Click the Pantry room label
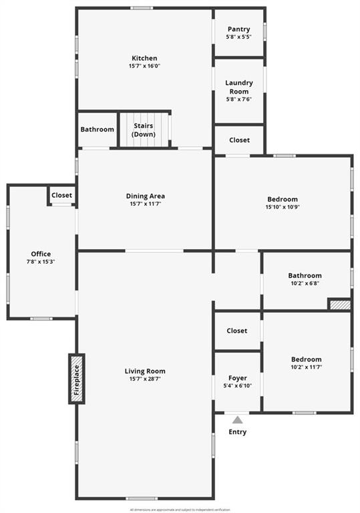(238, 29)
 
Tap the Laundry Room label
(238, 87)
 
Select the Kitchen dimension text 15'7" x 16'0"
(144, 66)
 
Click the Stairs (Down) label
(144, 130)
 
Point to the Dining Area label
(145, 196)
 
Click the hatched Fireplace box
(77, 379)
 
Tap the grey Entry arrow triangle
(238, 419)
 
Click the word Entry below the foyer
(237, 432)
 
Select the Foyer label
(237, 378)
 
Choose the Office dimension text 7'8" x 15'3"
(41, 262)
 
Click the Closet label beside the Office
(61, 195)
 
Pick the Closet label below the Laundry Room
(239, 140)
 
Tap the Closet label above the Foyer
(236, 331)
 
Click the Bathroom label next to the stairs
(97, 129)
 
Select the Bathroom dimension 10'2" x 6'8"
(305, 283)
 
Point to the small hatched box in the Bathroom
(339, 305)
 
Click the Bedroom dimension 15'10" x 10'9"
(283, 207)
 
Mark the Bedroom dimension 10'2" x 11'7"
(306, 367)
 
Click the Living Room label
(145, 371)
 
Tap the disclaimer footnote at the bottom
(180, 509)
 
